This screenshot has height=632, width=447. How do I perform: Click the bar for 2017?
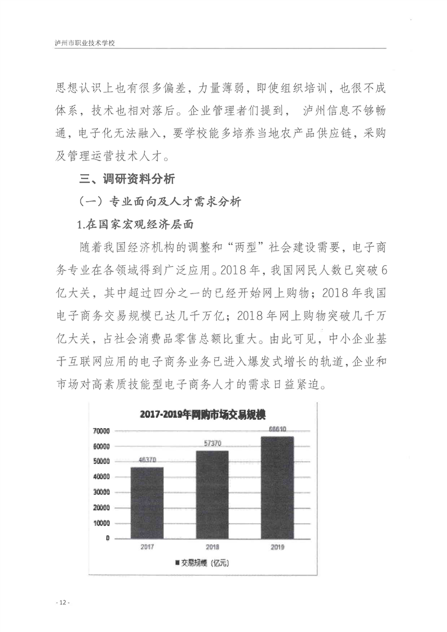click(147, 502)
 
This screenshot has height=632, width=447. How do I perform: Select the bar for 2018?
click(212, 494)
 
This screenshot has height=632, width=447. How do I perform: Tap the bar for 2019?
click(277, 487)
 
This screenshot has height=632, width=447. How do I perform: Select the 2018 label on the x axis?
click(212, 547)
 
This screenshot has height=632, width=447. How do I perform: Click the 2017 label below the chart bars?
click(147, 547)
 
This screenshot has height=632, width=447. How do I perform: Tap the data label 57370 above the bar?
click(212, 444)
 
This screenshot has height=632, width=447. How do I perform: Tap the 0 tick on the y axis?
click(107, 538)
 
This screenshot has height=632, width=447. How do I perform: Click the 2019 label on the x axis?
click(277, 547)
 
